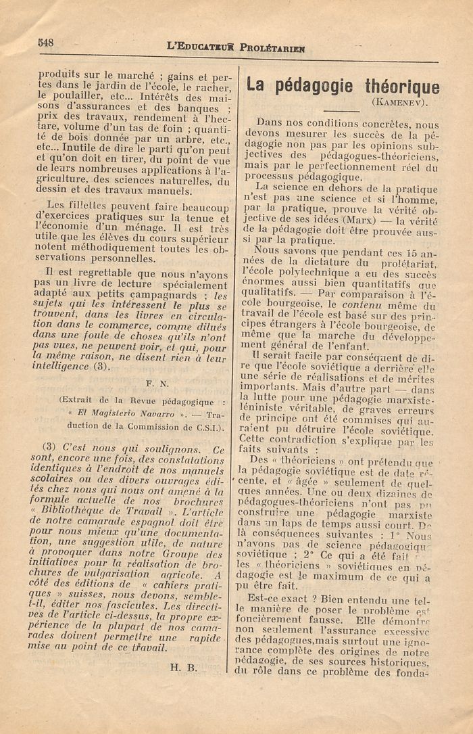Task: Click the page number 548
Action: tap(46, 42)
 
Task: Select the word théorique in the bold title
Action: tap(403, 87)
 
